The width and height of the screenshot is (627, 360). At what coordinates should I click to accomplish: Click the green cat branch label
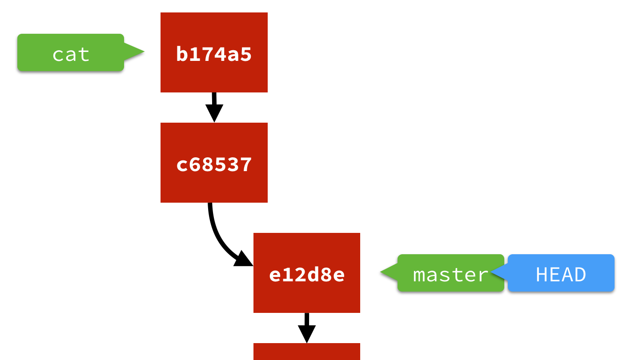point(71,52)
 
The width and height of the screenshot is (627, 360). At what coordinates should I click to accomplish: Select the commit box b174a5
point(214,52)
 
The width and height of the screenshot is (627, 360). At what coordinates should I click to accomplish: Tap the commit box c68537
point(214,163)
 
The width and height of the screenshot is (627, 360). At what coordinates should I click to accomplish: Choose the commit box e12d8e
point(306,273)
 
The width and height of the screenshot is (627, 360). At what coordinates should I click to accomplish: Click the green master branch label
point(450,273)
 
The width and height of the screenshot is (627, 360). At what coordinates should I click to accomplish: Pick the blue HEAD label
point(561,273)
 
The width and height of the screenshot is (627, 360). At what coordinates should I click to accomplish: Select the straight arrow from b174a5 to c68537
point(214,100)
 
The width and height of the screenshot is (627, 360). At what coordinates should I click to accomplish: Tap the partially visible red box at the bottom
point(306,352)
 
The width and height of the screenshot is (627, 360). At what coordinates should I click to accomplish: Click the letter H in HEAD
point(543,275)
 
